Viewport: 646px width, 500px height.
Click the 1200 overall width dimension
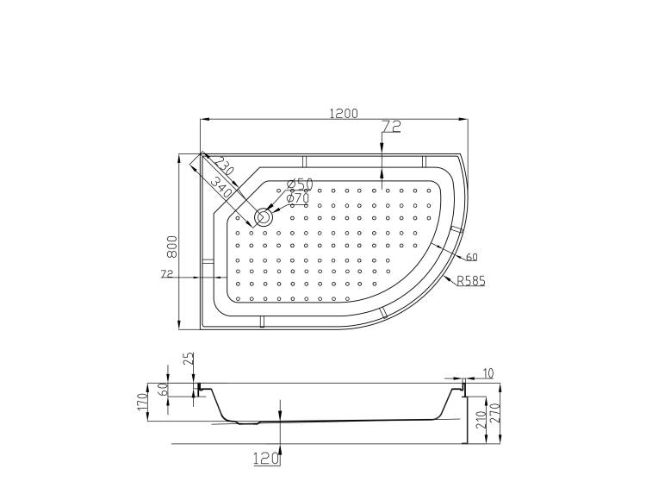point(344,113)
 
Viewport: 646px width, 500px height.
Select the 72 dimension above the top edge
point(391,127)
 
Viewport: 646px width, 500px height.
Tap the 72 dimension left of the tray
point(167,273)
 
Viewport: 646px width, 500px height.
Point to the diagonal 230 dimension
point(224,166)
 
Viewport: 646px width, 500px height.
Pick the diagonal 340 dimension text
point(220,186)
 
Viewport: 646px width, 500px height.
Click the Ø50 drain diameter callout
point(300,184)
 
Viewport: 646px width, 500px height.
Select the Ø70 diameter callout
point(298,198)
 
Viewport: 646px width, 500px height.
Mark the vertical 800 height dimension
point(171,247)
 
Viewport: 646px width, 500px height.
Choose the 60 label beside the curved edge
point(472,257)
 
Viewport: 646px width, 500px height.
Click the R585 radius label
point(471,281)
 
